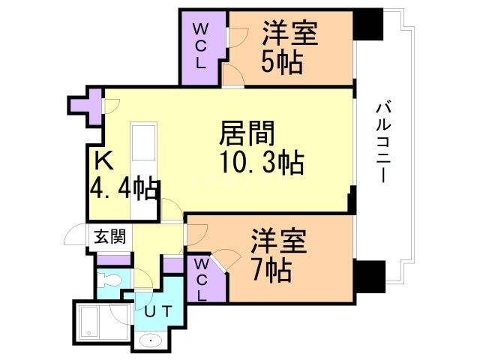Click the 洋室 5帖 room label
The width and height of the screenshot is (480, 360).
(289, 46)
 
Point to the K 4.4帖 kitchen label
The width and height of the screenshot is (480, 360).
(122, 175)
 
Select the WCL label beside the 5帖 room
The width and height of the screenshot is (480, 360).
(200, 46)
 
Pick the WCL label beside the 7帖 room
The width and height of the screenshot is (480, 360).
(202, 279)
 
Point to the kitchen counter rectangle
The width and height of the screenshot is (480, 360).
(142, 151)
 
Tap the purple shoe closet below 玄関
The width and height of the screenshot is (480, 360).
(114, 260)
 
